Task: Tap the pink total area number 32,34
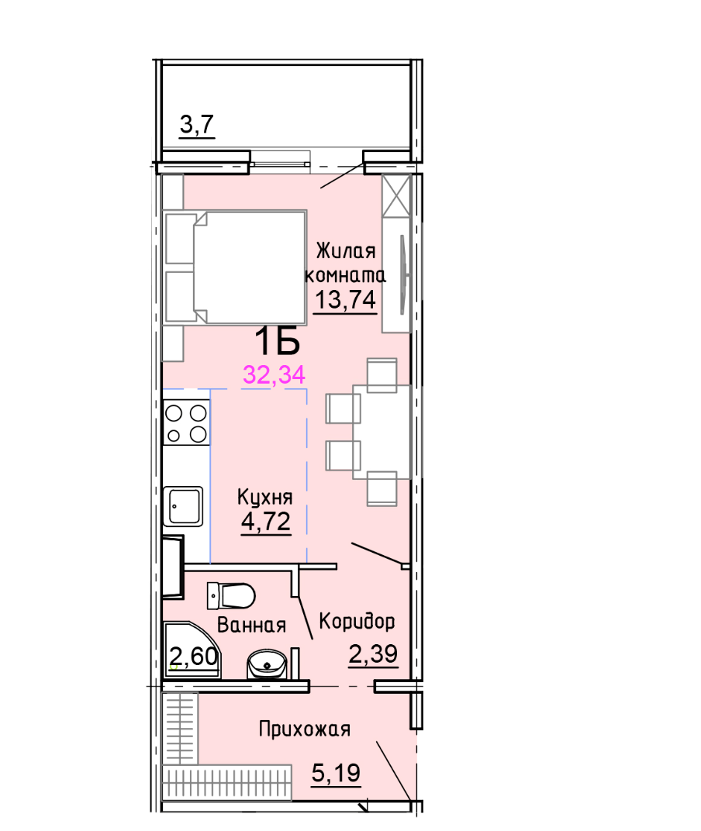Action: (275, 374)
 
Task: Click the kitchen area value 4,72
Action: (266, 521)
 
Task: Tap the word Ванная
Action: (252, 624)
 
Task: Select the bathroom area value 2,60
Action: (193, 657)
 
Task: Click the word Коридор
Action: (357, 621)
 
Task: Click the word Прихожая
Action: (305, 729)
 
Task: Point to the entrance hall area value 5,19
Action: (337, 772)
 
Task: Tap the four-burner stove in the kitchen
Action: (186, 422)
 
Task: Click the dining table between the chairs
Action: (382, 431)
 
